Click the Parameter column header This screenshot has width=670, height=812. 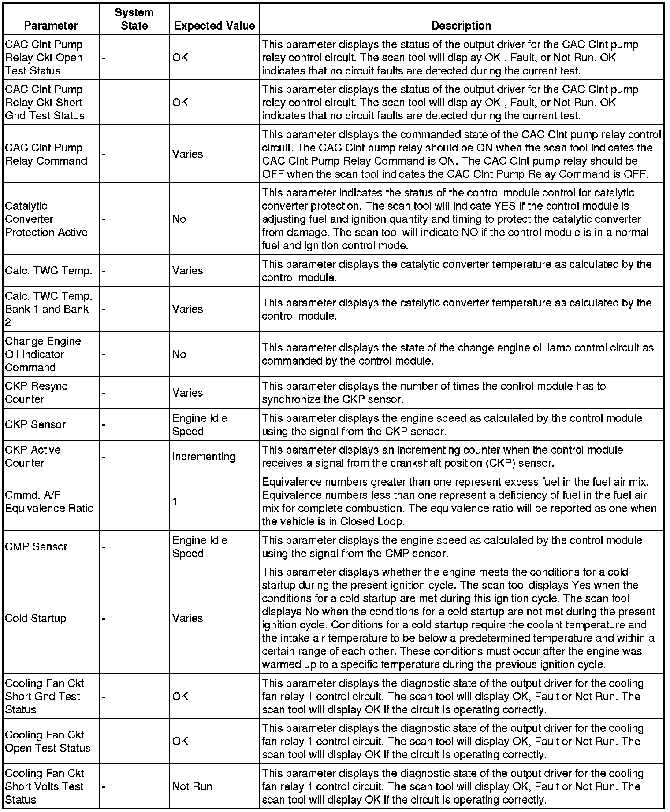pyautogui.click(x=51, y=26)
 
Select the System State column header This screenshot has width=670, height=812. pyautogui.click(x=134, y=19)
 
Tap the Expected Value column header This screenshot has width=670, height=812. pyautogui.click(x=214, y=26)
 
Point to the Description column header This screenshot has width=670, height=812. pyautogui.click(x=461, y=26)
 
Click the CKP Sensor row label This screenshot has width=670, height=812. pyautogui.click(x=35, y=424)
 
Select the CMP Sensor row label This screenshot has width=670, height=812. pyautogui.click(x=36, y=546)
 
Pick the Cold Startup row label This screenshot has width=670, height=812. pyautogui.click(x=35, y=618)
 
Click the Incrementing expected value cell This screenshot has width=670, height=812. pyautogui.click(x=204, y=457)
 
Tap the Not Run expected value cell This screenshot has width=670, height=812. pyautogui.click(x=192, y=786)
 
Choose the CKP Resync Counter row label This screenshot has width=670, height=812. pyautogui.click(x=36, y=393)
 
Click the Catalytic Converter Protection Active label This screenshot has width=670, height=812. pyautogui.click(x=46, y=219)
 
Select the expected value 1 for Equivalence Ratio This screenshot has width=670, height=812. pyautogui.click(x=175, y=502)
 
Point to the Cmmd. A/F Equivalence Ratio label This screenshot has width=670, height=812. pyautogui.click(x=49, y=502)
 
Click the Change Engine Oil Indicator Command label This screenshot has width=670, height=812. pyautogui.click(x=43, y=354)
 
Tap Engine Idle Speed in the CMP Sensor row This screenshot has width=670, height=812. pyautogui.click(x=199, y=546)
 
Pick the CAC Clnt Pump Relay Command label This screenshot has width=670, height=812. pyautogui.click(x=46, y=154)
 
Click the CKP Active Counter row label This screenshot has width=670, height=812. pyautogui.click(x=33, y=457)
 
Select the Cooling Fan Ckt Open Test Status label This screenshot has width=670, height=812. pyautogui.click(x=48, y=741)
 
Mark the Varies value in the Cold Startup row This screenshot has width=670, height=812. pyautogui.click(x=187, y=618)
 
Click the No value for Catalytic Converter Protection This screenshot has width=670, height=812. pyautogui.click(x=179, y=219)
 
